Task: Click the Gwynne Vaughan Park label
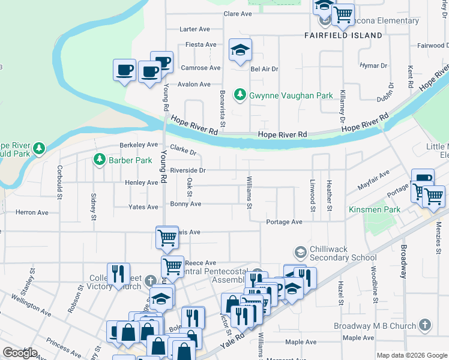tap(291, 95)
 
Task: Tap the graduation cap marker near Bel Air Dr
tap(240, 50)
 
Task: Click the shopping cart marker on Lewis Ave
tap(167, 236)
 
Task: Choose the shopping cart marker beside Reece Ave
tap(172, 266)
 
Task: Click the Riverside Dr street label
tap(187, 170)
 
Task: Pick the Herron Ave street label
tap(32, 212)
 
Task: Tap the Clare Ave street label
tap(237, 14)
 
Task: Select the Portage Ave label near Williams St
tap(285, 222)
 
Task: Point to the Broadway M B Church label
tap(375, 326)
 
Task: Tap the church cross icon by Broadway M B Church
tap(424, 326)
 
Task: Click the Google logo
tap(20, 353)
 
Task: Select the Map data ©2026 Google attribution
tap(412, 355)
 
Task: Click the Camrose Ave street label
tap(201, 68)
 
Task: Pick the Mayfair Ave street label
tap(373, 180)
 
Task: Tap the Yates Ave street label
tap(143, 207)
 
